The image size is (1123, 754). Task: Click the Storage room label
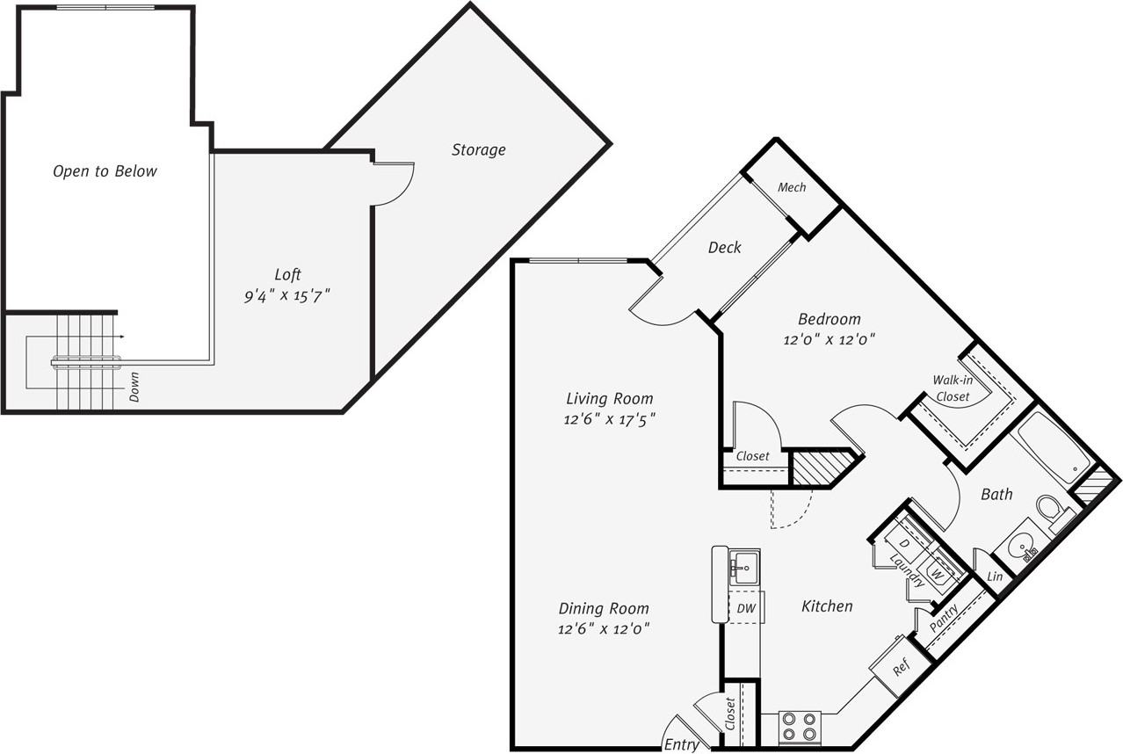tap(479, 150)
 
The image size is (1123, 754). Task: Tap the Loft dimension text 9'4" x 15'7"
tap(287, 296)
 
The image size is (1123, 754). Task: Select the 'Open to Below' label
tap(105, 171)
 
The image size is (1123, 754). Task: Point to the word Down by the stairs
tap(134, 387)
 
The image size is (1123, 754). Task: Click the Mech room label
tap(792, 187)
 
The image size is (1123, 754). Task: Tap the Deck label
tap(724, 247)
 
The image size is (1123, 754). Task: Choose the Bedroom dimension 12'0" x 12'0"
tap(830, 339)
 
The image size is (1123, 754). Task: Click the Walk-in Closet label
tap(953, 388)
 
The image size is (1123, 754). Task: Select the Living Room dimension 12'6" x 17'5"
tap(609, 418)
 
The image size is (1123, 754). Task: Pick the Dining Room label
tap(604, 608)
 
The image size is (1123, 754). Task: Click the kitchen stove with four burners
tap(799, 728)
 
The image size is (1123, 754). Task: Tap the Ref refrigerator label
tap(901, 667)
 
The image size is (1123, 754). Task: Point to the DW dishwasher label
tap(746, 609)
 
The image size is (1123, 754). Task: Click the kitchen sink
tap(744, 567)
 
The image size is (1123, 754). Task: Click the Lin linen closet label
tap(995, 576)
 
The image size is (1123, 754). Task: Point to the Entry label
tap(681, 744)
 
